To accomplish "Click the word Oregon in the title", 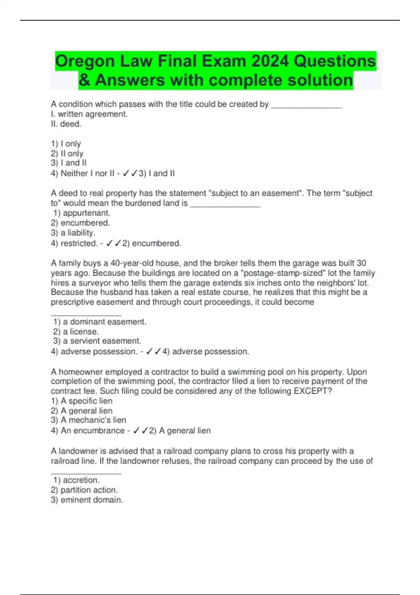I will tap(85, 61).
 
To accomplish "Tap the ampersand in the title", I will tap(84, 80).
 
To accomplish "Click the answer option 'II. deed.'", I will tap(66, 124).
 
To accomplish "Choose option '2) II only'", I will tap(67, 153).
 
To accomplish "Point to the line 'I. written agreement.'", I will tap(89, 114).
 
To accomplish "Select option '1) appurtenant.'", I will tap(82, 213).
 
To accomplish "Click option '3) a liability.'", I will tap(73, 233).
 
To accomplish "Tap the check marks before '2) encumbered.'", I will tap(113, 243).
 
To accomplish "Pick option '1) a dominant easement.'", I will tap(100, 322).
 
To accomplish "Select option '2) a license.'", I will tap(76, 331).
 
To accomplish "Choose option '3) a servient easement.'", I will tap(97, 341).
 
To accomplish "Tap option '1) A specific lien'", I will tap(82, 401).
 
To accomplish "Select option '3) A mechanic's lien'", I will tap(89, 420).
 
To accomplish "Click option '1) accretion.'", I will tap(77, 480).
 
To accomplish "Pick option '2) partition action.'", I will tap(84, 490).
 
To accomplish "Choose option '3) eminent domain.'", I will tap(87, 500).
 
